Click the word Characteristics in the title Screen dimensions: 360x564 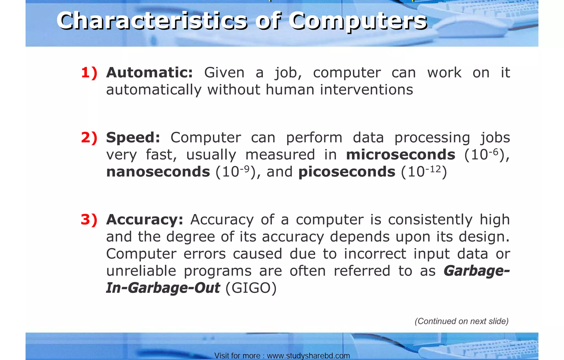(152, 21)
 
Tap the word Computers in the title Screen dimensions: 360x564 (358, 21)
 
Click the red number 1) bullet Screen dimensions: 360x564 (89, 73)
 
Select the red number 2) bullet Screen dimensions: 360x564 (89, 137)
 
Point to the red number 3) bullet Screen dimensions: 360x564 (89, 220)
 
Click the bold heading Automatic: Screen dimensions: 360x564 (150, 73)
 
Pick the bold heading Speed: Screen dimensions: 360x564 (133, 137)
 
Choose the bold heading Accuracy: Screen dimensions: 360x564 (145, 220)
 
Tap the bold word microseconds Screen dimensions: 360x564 (400, 155)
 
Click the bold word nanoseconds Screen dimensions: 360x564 (158, 172)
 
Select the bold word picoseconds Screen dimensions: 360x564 (347, 172)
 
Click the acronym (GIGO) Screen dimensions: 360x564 (251, 288)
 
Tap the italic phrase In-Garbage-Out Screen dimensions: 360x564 (163, 288)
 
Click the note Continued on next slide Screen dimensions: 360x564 (462, 321)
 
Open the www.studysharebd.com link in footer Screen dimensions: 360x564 (308, 356)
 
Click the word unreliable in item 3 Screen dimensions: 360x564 (141, 271)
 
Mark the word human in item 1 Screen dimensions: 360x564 (290, 90)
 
